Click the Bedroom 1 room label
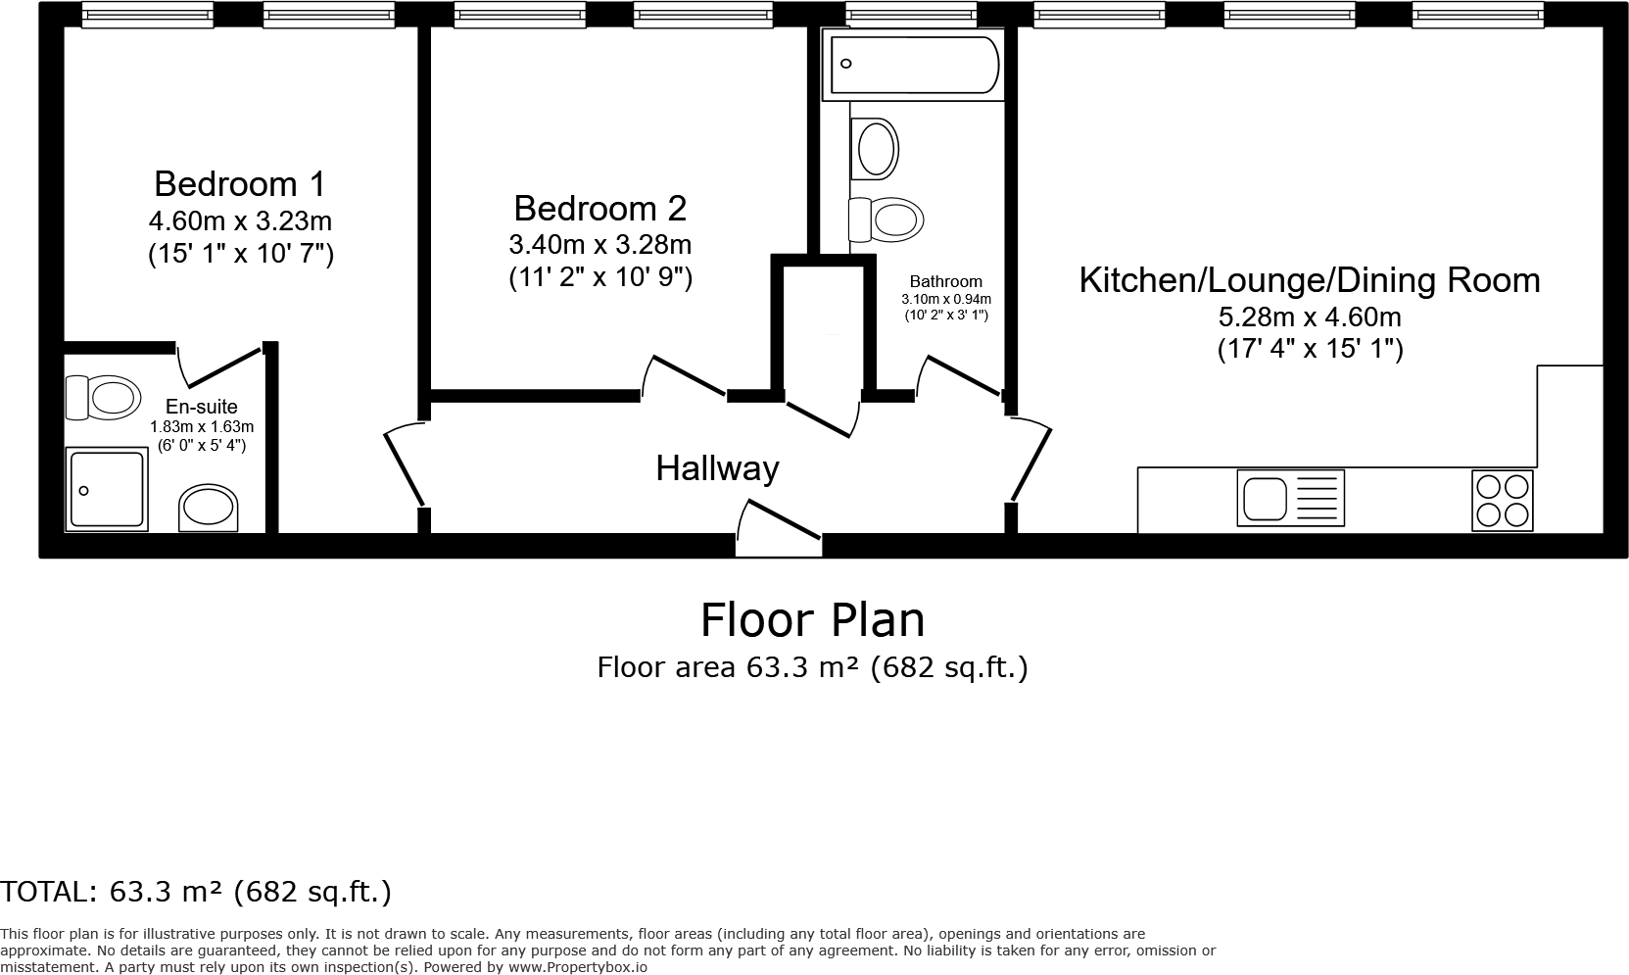coord(239,183)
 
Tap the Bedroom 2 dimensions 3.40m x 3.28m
coord(599,244)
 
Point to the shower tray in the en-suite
coord(106,489)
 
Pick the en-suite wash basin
coord(208,508)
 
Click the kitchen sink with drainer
coord(1290,498)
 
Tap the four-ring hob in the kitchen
coord(1503,501)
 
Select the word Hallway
coord(717,468)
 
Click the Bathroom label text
coord(945,281)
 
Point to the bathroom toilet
coord(886,219)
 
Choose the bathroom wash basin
coord(876,149)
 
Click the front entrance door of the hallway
coord(779,529)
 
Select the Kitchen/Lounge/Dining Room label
coord(1309,280)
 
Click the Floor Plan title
coord(812,620)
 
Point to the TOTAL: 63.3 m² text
coord(196,892)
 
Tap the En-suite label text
coord(201,407)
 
